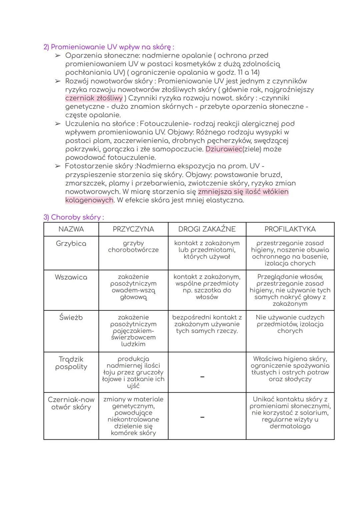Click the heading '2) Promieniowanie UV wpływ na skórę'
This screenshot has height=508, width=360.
click(109, 47)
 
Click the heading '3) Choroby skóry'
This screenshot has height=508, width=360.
click(73, 217)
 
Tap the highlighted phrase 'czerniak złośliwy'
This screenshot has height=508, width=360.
click(94, 98)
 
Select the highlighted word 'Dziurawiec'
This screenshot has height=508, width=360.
click(224, 149)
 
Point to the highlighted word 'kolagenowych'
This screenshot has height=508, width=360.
click(89, 200)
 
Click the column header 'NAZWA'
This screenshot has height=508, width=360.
click(71, 229)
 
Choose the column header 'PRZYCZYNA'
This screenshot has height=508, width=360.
click(133, 229)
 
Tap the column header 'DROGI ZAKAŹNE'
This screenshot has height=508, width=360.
click(207, 229)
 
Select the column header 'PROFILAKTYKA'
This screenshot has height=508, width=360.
click(290, 229)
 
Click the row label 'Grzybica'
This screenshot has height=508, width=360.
click(71, 244)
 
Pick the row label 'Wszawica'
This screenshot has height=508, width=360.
click(71, 277)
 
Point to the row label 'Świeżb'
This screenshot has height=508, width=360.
click(71, 317)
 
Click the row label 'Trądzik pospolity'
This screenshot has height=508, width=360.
click(71, 363)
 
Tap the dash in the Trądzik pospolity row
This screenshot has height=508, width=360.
click(202, 377)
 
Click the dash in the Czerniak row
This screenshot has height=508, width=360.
click(202, 417)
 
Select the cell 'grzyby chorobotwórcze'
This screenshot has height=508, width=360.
click(133, 247)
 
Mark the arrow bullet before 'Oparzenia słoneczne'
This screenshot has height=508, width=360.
click(58, 56)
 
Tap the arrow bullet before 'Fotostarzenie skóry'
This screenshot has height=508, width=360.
click(58, 166)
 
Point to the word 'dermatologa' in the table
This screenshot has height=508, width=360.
click(290, 426)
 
